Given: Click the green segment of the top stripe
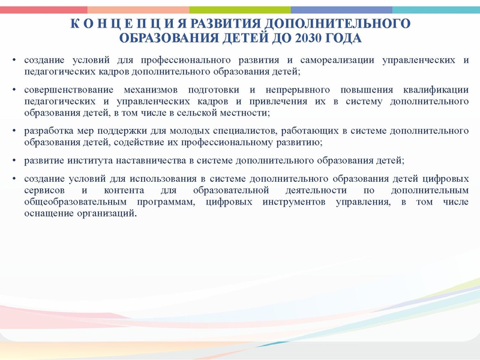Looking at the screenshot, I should click(x=240, y=10).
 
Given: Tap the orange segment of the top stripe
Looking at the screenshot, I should click(x=138, y=10).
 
